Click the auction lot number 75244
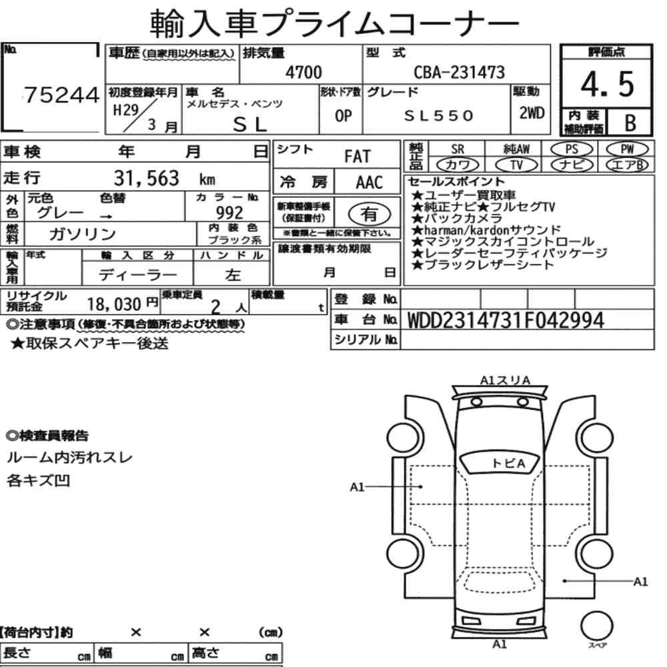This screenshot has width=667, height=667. (x=62, y=95)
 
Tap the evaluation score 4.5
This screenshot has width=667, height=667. (x=607, y=84)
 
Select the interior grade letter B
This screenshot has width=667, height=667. (x=630, y=123)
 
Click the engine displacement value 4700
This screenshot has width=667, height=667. (x=303, y=72)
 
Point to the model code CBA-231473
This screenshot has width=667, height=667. (x=460, y=72)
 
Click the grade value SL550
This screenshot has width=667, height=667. (x=439, y=115)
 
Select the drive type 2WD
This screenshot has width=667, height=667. (x=532, y=113)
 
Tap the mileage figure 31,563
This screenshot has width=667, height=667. (x=147, y=178)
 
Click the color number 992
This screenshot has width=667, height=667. (x=229, y=212)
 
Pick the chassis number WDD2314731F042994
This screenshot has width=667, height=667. (x=506, y=320)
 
